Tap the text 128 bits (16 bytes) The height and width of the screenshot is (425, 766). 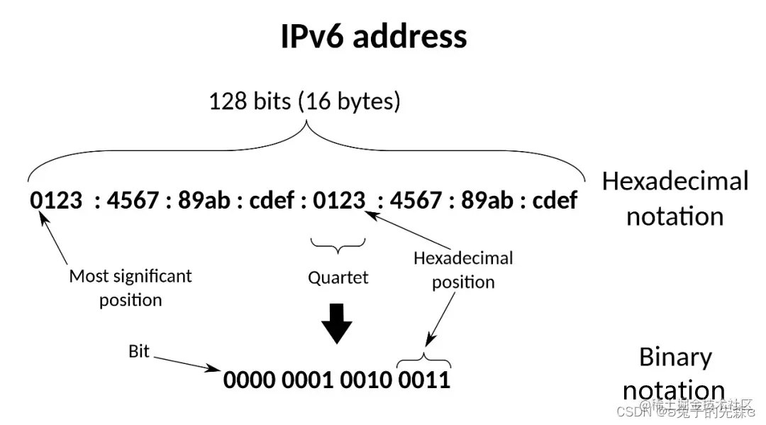tap(304, 101)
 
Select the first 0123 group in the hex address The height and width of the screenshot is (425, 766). tap(56, 201)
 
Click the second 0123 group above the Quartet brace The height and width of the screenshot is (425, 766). tap(340, 201)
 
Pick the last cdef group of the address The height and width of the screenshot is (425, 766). tap(555, 201)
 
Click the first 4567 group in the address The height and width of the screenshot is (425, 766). tap(133, 201)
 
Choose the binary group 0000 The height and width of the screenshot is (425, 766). tap(249, 380)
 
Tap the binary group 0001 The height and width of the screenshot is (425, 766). tap(307, 380)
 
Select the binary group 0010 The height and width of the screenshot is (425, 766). tap(365, 380)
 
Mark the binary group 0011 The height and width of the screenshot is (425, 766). tap(424, 380)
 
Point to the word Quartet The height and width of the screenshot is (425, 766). tap(338, 277)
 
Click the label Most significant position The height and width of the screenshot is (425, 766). tap(131, 287)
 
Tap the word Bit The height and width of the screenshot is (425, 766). tap(139, 351)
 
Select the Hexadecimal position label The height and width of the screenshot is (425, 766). tap(463, 270)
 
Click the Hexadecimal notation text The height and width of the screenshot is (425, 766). tap(675, 198)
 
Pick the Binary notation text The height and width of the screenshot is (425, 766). tap(675, 373)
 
